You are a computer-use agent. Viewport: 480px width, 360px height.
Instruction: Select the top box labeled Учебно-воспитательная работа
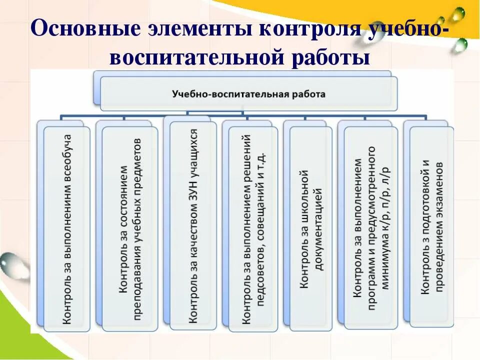click(x=248, y=93)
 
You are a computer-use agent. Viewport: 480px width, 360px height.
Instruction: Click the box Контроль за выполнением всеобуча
click(x=67, y=229)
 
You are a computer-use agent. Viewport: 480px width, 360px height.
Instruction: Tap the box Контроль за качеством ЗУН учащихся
click(x=193, y=225)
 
